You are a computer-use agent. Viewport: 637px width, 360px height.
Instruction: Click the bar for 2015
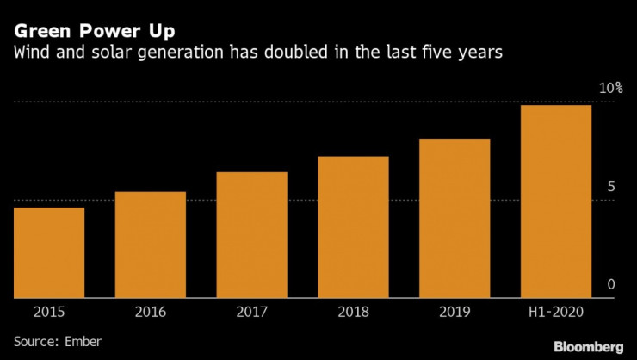pyautogui.click(x=49, y=252)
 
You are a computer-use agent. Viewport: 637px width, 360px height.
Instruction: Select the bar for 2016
pyautogui.click(x=151, y=245)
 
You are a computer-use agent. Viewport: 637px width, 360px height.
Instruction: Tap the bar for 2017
pyautogui.click(x=251, y=235)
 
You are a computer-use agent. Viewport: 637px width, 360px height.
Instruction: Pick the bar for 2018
pyautogui.click(x=353, y=227)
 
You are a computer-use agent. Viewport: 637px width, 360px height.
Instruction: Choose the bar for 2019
pyautogui.click(x=455, y=218)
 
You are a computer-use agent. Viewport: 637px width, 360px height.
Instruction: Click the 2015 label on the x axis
pyautogui.click(x=49, y=312)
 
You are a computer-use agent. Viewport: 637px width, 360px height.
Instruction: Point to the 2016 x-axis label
pyautogui.click(x=151, y=312)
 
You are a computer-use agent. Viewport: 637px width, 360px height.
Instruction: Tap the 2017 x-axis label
pyautogui.click(x=251, y=312)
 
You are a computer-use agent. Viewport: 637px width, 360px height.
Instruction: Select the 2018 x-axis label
pyautogui.click(x=353, y=312)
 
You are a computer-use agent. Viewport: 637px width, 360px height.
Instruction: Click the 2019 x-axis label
pyautogui.click(x=455, y=312)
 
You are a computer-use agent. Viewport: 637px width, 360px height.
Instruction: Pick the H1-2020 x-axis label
pyautogui.click(x=556, y=312)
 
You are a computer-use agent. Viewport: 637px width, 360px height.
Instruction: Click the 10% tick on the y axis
pyautogui.click(x=610, y=89)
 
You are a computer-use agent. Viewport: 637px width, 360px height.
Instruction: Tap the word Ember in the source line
pyautogui.click(x=84, y=341)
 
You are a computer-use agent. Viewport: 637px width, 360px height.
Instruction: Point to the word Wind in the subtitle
pyautogui.click(x=31, y=53)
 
